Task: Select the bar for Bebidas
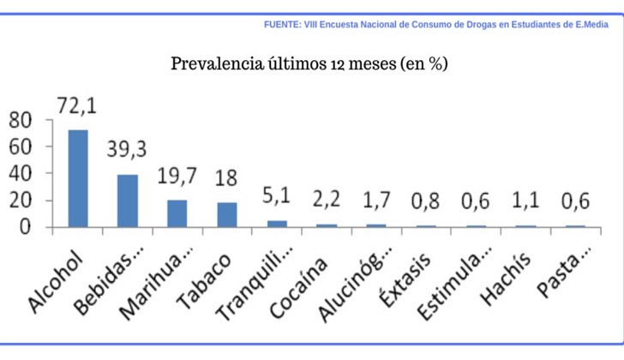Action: (128, 201)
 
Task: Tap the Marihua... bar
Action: (177, 213)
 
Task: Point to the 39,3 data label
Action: (127, 148)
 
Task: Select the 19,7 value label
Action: (177, 176)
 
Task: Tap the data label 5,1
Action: (277, 196)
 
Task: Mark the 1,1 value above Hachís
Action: (525, 202)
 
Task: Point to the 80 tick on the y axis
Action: (20, 119)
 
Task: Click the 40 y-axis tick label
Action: (20, 174)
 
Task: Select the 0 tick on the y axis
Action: (26, 228)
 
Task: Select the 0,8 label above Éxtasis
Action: (426, 202)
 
